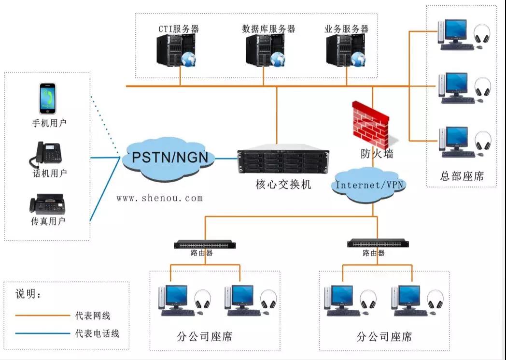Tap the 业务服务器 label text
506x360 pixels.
[347, 29]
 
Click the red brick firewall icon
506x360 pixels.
[370, 124]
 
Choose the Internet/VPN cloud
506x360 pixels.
[370, 185]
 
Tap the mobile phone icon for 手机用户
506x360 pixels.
[47, 99]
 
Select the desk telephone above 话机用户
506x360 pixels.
[48, 154]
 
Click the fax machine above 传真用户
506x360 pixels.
[47, 204]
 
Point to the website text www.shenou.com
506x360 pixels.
[160, 198]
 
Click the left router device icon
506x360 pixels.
[205, 245]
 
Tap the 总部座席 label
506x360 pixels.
[462, 176]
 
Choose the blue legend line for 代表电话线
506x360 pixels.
[42, 333]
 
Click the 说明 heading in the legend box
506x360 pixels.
[28, 294]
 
